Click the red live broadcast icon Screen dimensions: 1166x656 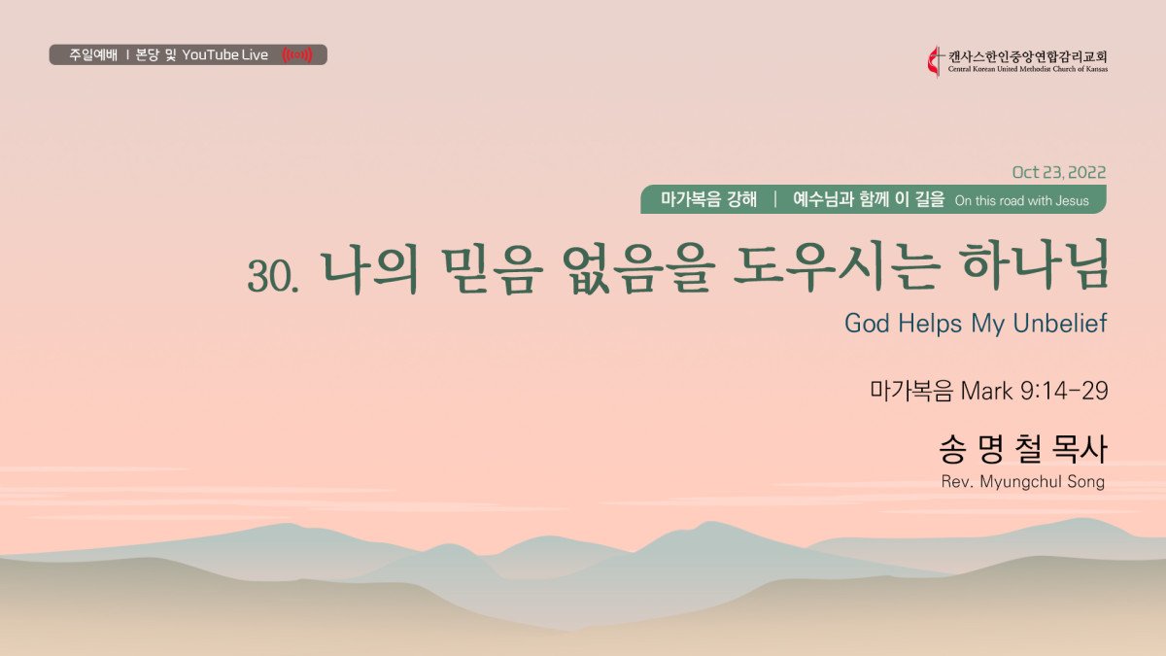pos(297,54)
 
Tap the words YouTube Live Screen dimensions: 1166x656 pos(224,54)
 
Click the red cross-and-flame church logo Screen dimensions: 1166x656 pos(935,61)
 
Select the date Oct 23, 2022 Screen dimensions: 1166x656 pos(1059,172)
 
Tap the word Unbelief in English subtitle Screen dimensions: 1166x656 pos(1060,324)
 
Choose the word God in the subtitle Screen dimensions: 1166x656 pos(867,324)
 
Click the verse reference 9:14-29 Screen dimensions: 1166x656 pos(1063,391)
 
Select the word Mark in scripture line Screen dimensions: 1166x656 pos(986,391)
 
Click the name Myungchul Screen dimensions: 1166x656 pos(1021,482)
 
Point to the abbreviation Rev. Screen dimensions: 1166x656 pos(957,482)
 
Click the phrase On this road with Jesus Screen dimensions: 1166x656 pos(1022,200)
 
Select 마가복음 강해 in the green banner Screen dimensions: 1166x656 pos(708,199)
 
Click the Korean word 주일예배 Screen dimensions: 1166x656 pos(93,54)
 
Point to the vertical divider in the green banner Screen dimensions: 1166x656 pos(775,199)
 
